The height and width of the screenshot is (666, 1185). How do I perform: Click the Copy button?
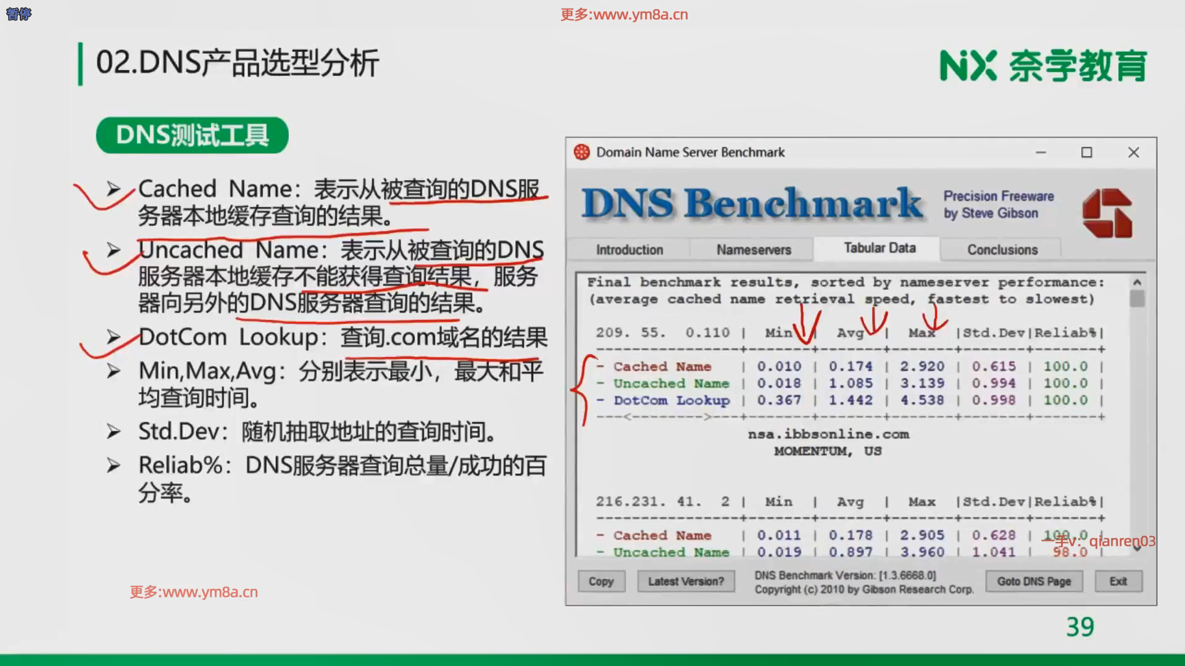(x=601, y=581)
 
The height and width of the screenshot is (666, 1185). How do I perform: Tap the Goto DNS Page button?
(x=1034, y=581)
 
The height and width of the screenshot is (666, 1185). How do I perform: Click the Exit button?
(x=1118, y=581)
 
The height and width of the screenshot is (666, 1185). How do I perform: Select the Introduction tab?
(x=630, y=250)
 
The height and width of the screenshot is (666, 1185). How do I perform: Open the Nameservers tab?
(x=754, y=250)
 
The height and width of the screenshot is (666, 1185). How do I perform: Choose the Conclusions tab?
(x=1002, y=250)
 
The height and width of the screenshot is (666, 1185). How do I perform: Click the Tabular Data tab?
(x=879, y=248)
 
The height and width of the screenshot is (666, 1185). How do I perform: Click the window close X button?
(x=1134, y=152)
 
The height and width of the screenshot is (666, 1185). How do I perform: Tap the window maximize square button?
(x=1087, y=152)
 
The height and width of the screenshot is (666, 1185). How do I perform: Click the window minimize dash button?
(x=1041, y=152)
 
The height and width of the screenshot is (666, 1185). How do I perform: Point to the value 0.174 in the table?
(x=850, y=366)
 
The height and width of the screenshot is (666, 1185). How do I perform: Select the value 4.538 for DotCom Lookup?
(x=921, y=400)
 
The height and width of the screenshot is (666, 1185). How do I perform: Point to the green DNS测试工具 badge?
(x=192, y=135)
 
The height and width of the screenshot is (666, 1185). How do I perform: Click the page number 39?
(x=1080, y=627)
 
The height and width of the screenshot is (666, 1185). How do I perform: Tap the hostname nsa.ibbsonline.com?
(x=828, y=434)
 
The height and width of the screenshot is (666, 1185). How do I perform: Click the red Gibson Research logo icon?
(x=1107, y=213)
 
